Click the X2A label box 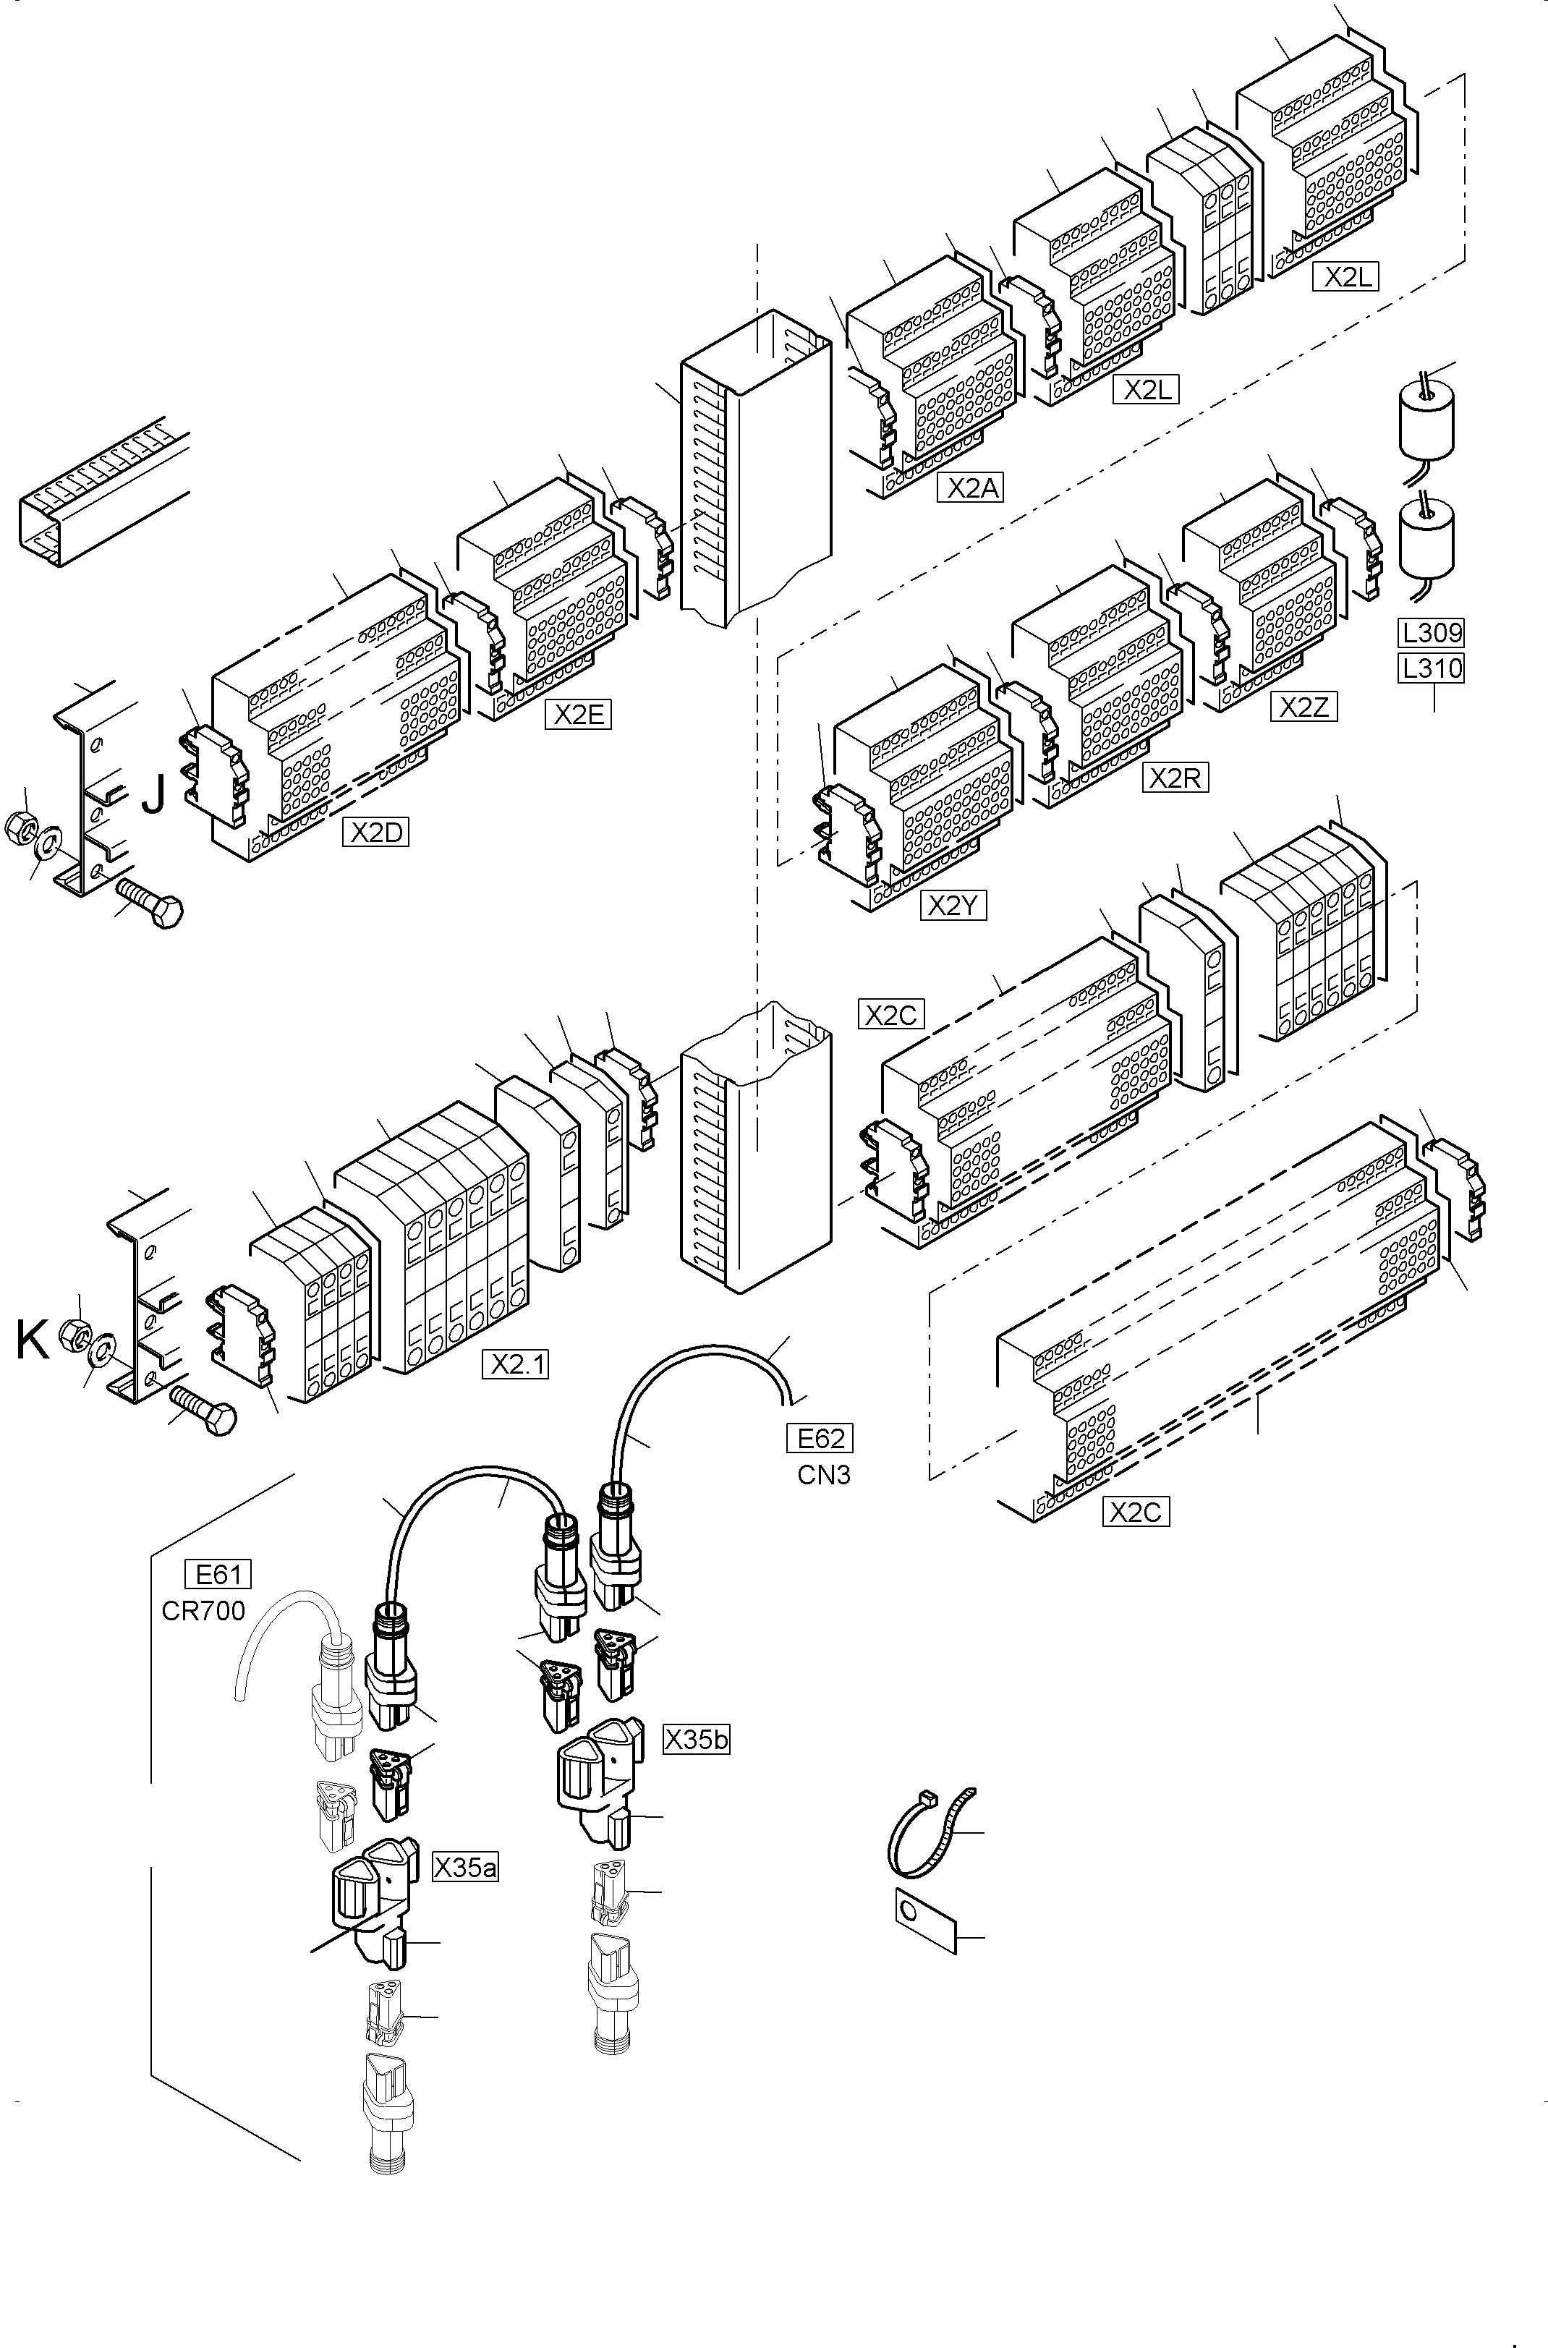pyautogui.click(x=971, y=488)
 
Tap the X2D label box pyautogui.click(x=376, y=832)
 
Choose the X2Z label pyautogui.click(x=1304, y=707)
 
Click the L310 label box pyautogui.click(x=1431, y=668)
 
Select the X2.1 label pyautogui.click(x=515, y=1364)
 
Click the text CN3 pyautogui.click(x=823, y=1476)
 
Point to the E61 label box pyautogui.click(x=218, y=1573)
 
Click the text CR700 pyautogui.click(x=203, y=1611)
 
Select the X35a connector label pyautogui.click(x=465, y=1868)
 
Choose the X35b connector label pyautogui.click(x=696, y=1739)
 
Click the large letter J pyautogui.click(x=153, y=794)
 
